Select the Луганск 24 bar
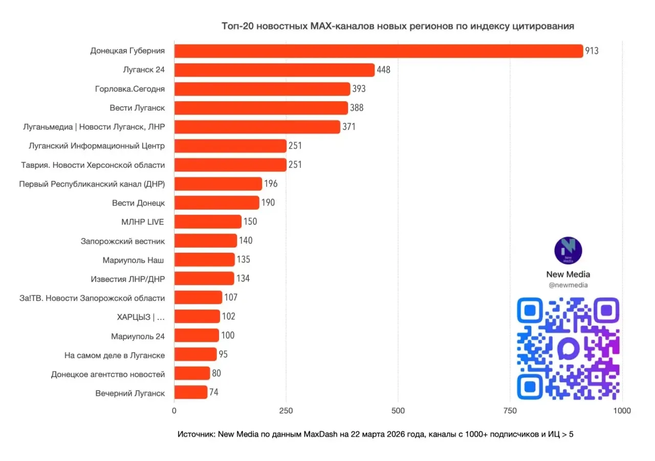point(274,70)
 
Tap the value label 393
point(359,89)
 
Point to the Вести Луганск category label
point(137,108)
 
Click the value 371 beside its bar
point(349,127)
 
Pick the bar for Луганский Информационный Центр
point(230,146)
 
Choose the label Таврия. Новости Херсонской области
point(93,165)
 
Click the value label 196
point(271,184)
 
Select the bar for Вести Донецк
point(216,203)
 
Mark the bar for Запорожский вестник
point(206,240)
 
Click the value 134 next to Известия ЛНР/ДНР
point(243,278)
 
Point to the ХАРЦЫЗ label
point(141,317)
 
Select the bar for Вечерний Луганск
point(190,392)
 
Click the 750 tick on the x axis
point(510,410)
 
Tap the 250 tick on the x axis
point(286,410)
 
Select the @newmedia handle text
point(568,286)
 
